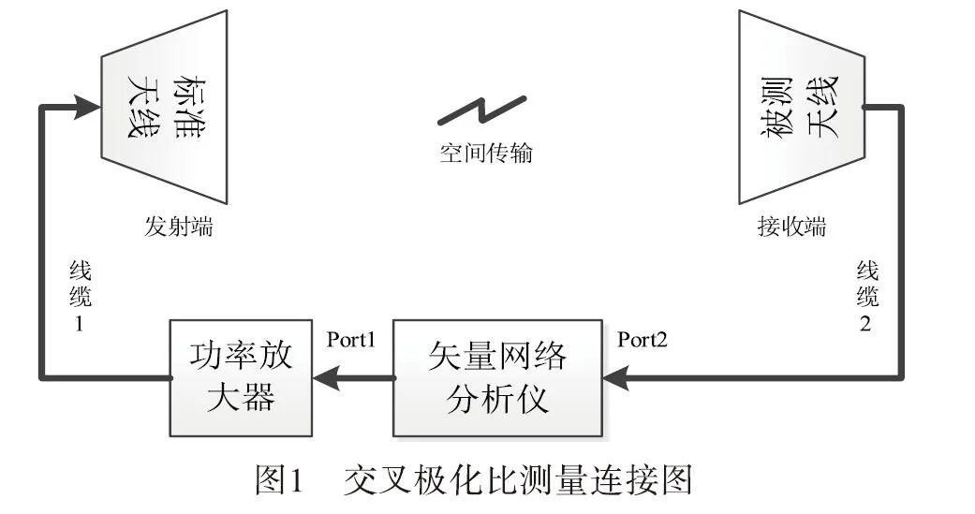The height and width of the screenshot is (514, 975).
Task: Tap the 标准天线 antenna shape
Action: pyautogui.click(x=165, y=107)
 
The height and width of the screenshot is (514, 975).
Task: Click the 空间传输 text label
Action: pyautogui.click(x=486, y=152)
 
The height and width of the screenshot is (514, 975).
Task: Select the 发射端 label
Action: pyautogui.click(x=178, y=227)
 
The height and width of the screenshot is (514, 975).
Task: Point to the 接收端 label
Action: pyautogui.click(x=791, y=227)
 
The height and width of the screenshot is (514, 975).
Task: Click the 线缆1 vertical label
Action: pyautogui.click(x=81, y=299)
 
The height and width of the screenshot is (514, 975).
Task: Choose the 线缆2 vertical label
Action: pyautogui.click(x=868, y=299)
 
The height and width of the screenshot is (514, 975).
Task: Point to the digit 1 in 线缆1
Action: pyautogui.click(x=81, y=324)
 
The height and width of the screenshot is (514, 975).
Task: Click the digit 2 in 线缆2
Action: pyautogui.click(x=868, y=324)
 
